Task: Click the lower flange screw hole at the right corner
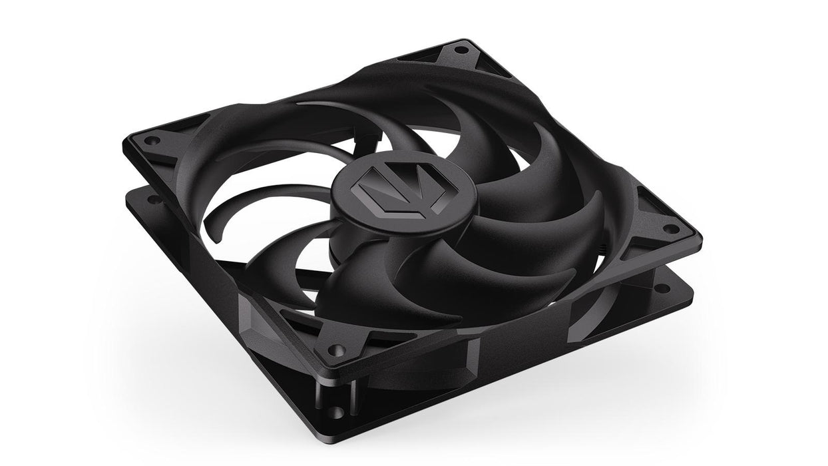click(x=661, y=288)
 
